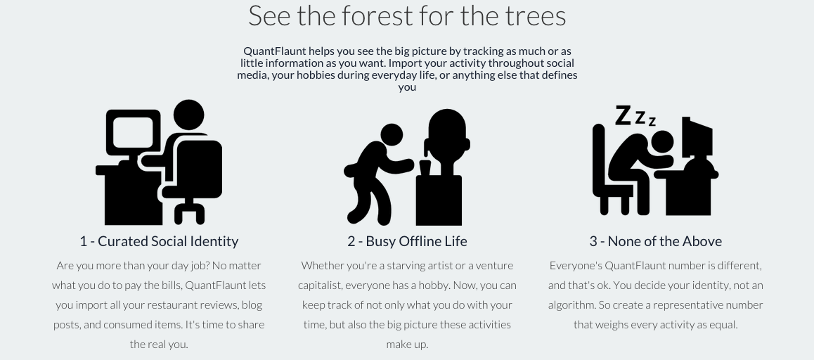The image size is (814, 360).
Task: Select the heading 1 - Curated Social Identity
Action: click(159, 241)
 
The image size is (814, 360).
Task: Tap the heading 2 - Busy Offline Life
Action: click(407, 241)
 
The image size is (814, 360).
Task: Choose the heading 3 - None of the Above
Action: click(655, 241)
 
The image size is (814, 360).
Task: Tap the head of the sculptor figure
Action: click(392, 134)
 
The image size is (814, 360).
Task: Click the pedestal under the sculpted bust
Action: click(439, 200)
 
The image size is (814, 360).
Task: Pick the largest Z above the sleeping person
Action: click(623, 115)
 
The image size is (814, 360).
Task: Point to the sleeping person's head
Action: click(661, 142)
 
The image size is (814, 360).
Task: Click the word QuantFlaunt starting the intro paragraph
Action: click(275, 51)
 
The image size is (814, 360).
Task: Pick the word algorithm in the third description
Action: click(571, 305)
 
